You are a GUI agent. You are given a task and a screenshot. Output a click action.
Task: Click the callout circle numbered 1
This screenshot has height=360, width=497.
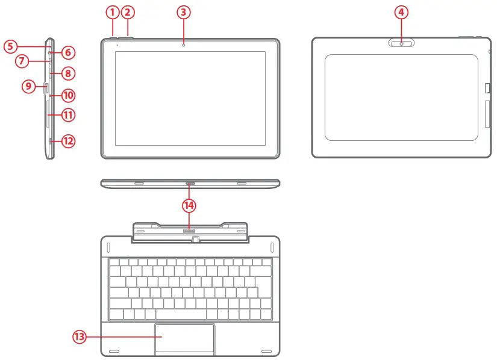[x=112, y=11]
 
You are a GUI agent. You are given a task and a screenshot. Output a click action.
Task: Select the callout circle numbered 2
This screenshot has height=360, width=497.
[x=128, y=11]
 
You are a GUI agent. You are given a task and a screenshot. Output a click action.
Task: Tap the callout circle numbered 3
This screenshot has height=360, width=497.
[x=184, y=11]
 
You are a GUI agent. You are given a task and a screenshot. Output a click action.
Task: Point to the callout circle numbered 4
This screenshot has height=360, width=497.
[x=402, y=11]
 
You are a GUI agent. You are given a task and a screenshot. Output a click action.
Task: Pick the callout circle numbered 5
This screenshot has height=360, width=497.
[x=10, y=45]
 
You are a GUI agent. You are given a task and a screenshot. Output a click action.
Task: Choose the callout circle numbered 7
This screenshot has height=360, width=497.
[x=22, y=61]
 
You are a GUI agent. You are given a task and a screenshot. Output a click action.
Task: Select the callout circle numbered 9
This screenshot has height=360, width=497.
[x=29, y=87]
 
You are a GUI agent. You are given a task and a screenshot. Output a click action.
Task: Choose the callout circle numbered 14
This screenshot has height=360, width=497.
[x=189, y=205]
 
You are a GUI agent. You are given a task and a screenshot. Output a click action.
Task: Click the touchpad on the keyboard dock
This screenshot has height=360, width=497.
[x=184, y=338]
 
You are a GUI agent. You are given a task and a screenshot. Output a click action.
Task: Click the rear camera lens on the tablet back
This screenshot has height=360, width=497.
[x=402, y=44]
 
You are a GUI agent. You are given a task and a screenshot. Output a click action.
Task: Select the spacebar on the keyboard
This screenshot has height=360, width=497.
[x=180, y=314]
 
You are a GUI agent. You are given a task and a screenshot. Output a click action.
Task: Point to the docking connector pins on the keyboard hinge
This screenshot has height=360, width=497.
[x=189, y=230]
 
